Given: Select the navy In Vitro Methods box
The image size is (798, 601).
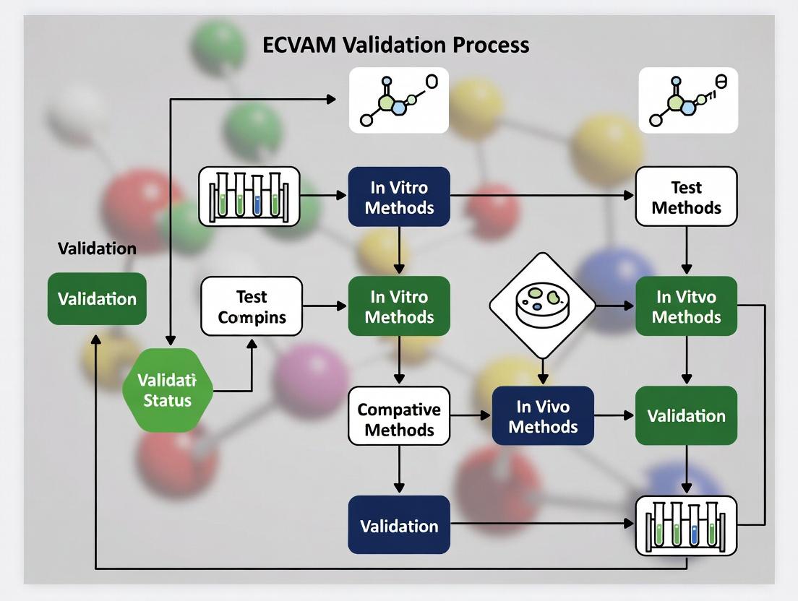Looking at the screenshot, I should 399,197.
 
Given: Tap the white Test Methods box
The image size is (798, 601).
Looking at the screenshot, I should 686,197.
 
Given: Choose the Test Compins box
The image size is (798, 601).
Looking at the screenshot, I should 252,306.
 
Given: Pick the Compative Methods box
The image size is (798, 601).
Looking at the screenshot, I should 399,419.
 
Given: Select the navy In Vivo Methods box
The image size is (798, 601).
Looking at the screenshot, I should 542,415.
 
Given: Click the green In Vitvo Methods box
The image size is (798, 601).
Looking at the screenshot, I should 686,306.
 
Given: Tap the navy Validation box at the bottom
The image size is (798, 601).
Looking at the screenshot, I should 399,525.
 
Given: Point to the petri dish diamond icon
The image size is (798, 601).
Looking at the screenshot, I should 542,305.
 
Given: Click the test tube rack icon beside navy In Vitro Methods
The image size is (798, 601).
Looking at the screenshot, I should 249,196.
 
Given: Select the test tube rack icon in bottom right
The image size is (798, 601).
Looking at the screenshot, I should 685,525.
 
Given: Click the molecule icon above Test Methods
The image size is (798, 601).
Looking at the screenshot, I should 687,100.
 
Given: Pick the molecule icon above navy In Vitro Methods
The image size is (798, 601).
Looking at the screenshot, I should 398,100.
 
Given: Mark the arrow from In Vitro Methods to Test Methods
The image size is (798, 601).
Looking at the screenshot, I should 542,196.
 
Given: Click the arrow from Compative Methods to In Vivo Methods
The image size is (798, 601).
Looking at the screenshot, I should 471,415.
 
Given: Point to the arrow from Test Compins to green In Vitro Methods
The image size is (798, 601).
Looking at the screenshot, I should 325,306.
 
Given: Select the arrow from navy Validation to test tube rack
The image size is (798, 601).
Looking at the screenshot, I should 542,523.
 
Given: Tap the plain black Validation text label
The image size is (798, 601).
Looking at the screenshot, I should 97,248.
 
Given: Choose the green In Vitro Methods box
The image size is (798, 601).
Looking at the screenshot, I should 399,306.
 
